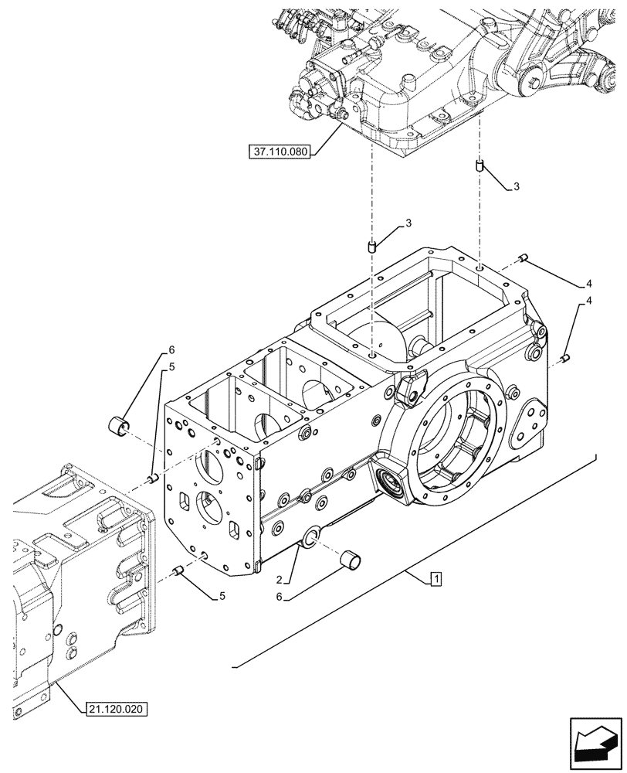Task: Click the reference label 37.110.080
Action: coord(280,152)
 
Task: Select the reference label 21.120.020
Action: coord(115,708)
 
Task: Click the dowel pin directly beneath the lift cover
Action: coord(480,166)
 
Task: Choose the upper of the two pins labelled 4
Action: coord(524,258)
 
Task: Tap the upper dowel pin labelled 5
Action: coord(153,478)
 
